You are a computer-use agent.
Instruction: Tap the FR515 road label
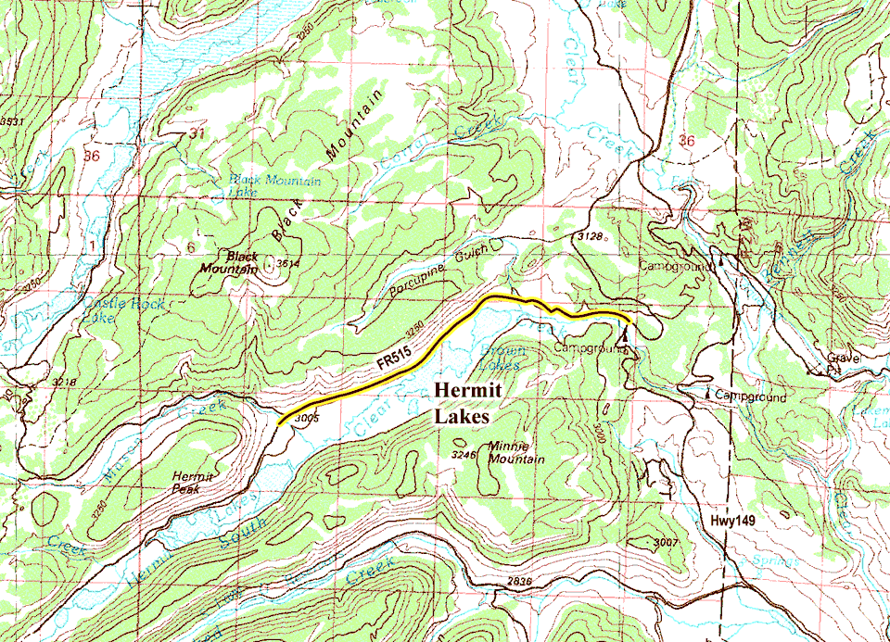point(395,362)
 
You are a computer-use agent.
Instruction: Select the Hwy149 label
point(733,522)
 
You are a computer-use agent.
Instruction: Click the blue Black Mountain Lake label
point(273,186)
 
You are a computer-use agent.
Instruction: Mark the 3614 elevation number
point(289,264)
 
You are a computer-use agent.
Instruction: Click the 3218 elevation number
point(63,382)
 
